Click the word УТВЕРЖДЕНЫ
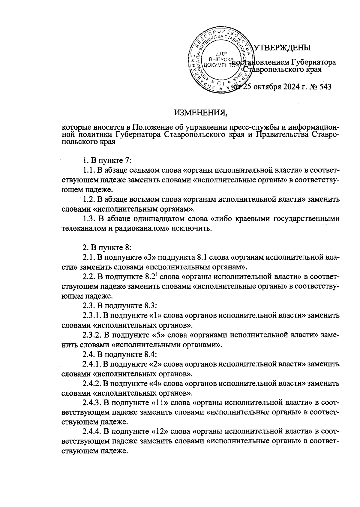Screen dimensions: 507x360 point(282,48)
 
